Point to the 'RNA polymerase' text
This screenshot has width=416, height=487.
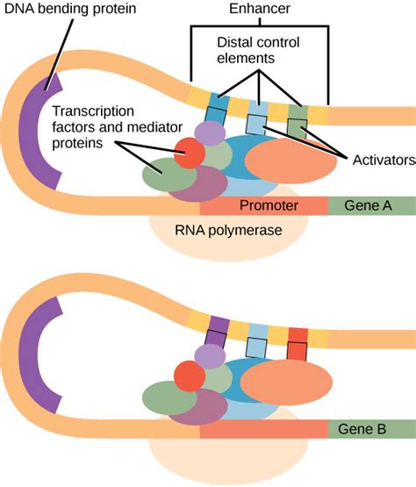click(x=227, y=232)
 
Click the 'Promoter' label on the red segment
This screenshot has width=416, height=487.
click(x=269, y=206)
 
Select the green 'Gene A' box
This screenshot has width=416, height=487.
click(x=370, y=206)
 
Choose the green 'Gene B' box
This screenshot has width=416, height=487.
click(x=370, y=429)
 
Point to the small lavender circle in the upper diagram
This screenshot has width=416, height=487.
click(x=210, y=133)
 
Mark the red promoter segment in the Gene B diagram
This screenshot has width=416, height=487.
click(x=263, y=429)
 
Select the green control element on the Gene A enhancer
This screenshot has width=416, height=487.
click(x=298, y=113)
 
